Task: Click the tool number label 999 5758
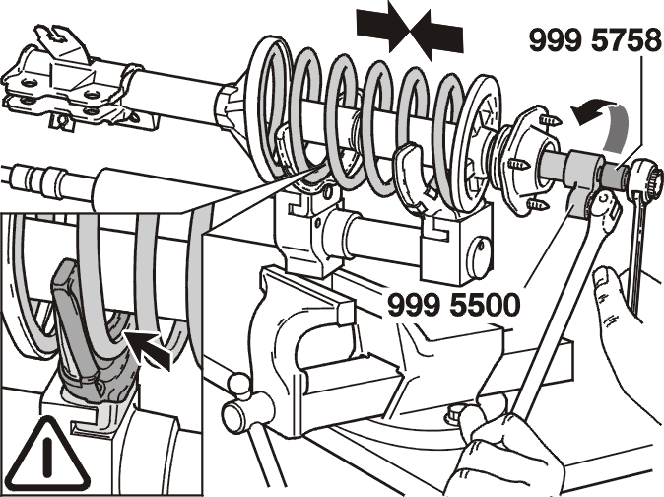pyautogui.click(x=595, y=41)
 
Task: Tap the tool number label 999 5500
pyautogui.click(x=454, y=305)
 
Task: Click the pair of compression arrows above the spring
pyautogui.click(x=410, y=31)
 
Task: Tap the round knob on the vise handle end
pyautogui.click(x=234, y=413)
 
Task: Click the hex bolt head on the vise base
pyautogui.click(x=456, y=412)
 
